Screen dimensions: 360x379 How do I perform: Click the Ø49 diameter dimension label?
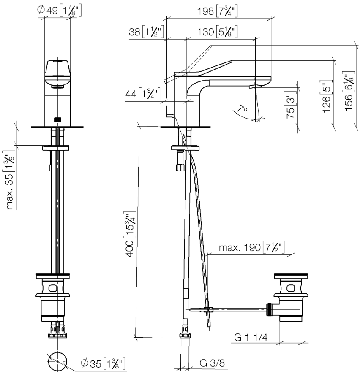pos(59,11)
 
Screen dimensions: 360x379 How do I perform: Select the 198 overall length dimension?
pos(217,11)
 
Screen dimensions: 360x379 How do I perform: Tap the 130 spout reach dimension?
pos(217,32)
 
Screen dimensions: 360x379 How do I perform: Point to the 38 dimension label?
pos(146,32)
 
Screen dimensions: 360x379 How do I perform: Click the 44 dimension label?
pos(143,94)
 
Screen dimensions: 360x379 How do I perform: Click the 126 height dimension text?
pos(327,96)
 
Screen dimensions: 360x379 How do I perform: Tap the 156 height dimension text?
pos(349,91)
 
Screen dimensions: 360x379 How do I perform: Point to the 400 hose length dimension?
pos(130,234)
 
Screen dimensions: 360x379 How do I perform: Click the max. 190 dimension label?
pos(251,247)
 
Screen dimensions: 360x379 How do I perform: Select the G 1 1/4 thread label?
pos(251,337)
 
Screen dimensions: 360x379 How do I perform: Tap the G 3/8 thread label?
pos(213,363)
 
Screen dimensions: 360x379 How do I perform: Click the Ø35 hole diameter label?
pos(103,363)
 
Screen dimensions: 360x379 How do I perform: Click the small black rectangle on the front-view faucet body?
pos(57,119)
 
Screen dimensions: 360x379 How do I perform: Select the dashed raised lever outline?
pos(188,64)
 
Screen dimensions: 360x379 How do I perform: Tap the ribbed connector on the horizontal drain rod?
pos(268,310)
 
